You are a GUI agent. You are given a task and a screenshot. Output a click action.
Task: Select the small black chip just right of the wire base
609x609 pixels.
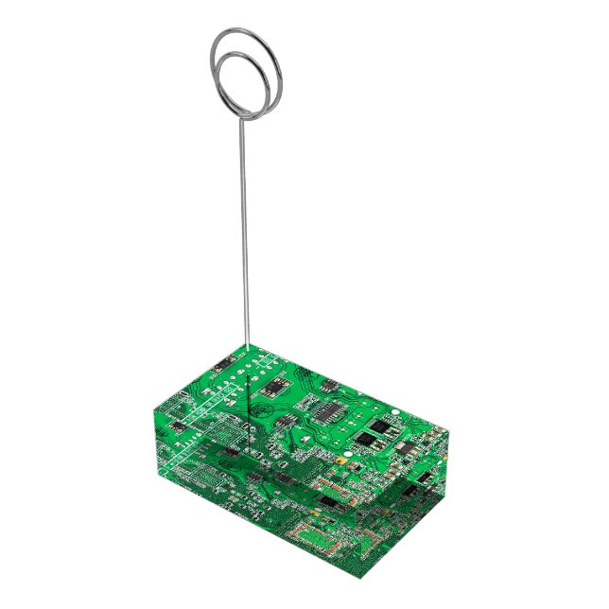tap(275, 385)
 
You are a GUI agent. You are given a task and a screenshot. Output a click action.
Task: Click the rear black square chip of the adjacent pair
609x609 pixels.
tap(382, 425)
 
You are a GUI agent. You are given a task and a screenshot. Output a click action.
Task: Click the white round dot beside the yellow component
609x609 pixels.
tap(346, 454)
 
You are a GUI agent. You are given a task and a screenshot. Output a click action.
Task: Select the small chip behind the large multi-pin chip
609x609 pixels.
tap(333, 385)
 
